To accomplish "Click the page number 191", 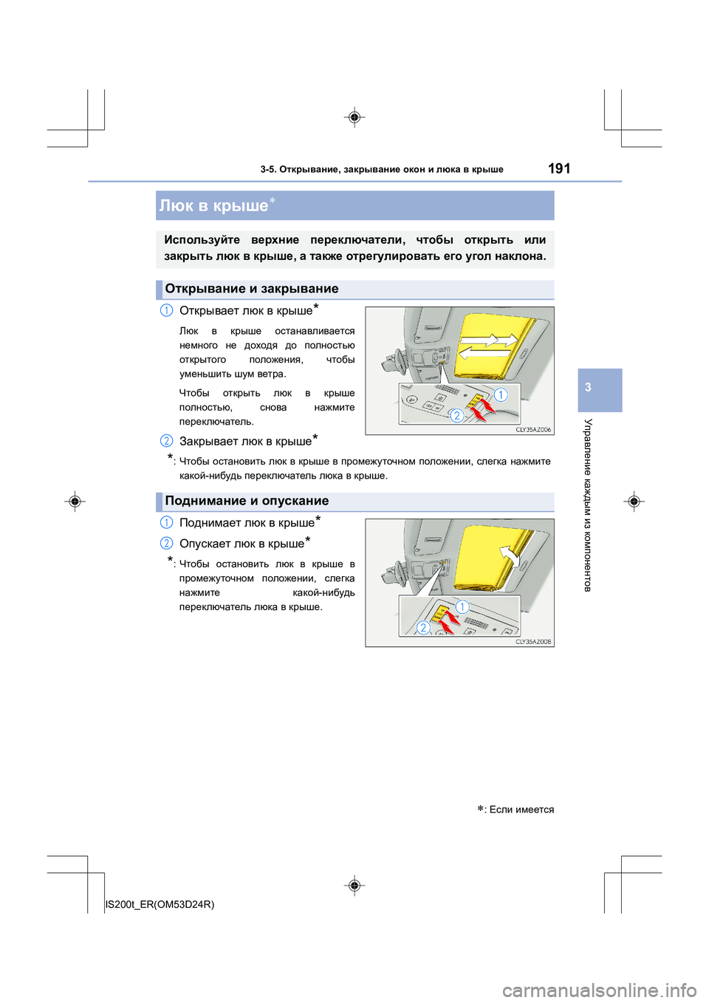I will click(559, 168).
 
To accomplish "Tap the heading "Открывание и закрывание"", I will click(251, 289).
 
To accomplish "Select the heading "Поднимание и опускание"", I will click(247, 501).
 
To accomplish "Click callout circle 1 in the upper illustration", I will click(501, 394).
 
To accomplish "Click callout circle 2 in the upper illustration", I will click(457, 415).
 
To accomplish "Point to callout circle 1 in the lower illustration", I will click(462, 607).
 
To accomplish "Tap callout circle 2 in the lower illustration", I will click(423, 628).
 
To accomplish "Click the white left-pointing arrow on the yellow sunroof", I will click(477, 349).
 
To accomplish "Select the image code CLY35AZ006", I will click(532, 429).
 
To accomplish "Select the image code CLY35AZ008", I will click(532, 642).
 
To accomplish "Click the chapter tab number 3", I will click(588, 387).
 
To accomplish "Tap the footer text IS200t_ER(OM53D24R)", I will click(160, 904).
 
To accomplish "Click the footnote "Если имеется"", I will click(521, 809).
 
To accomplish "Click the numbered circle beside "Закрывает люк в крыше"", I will click(167, 441).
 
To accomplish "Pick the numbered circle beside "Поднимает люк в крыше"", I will click(167, 522).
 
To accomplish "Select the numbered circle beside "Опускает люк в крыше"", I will click(167, 544).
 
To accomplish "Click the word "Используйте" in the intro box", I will click(202, 240).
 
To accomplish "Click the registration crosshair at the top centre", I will click(354, 117).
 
